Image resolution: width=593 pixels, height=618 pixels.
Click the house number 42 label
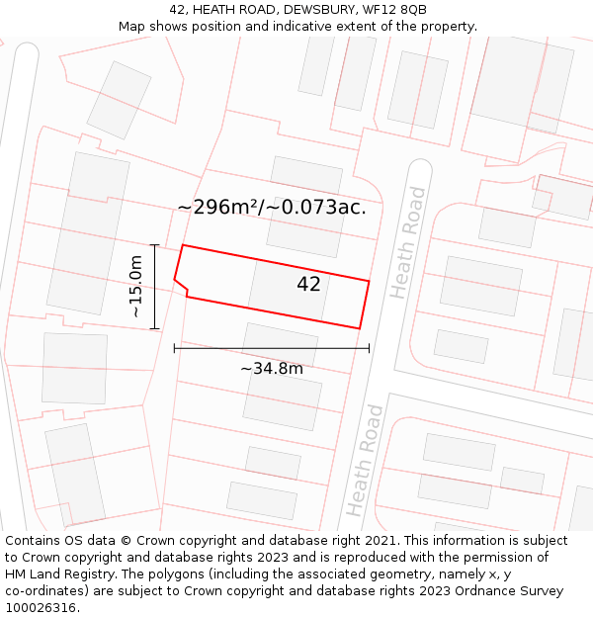308,285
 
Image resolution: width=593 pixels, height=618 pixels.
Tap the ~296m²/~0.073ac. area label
272,208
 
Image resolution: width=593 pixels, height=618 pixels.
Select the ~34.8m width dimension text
272,369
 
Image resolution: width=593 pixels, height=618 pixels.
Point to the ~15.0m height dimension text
135,287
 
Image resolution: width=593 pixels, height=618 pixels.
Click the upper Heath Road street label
408,242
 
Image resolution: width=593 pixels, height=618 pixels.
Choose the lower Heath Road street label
364,460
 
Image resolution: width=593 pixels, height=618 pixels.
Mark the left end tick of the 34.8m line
174,348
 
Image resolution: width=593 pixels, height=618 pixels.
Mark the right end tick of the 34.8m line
369,348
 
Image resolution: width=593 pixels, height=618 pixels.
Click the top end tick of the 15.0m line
155,244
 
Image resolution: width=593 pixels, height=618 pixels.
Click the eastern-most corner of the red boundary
369,281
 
